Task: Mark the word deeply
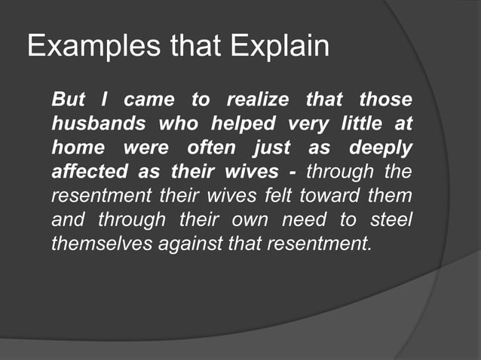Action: [381, 148]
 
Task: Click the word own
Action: [250, 220]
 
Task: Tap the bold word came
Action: [149, 99]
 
